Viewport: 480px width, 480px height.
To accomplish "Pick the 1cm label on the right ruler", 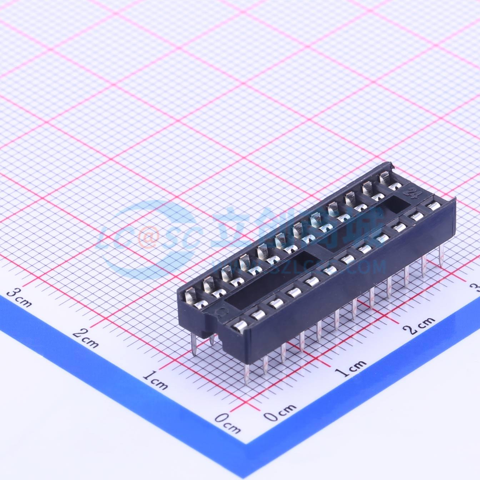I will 352,368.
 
